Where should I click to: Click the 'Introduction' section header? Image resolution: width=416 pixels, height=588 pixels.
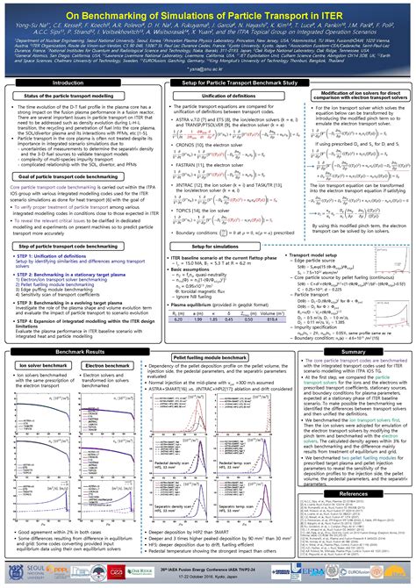tap(68, 82)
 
